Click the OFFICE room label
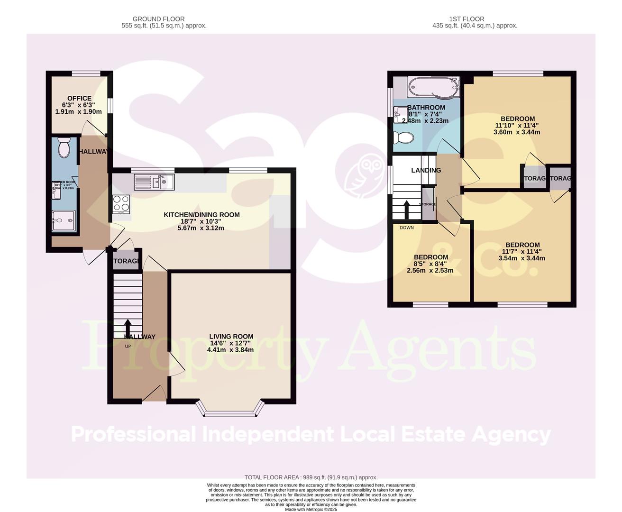click(79, 99)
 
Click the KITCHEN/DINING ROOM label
click(201, 215)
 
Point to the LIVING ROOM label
click(231, 337)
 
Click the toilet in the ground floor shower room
click(63, 148)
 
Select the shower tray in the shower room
click(63, 220)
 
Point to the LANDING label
click(426, 171)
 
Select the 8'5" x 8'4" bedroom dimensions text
click(430, 264)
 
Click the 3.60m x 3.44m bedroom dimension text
click(517, 132)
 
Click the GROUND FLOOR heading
click(159, 19)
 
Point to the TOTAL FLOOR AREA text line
click(311, 477)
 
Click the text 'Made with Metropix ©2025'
click(311, 509)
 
